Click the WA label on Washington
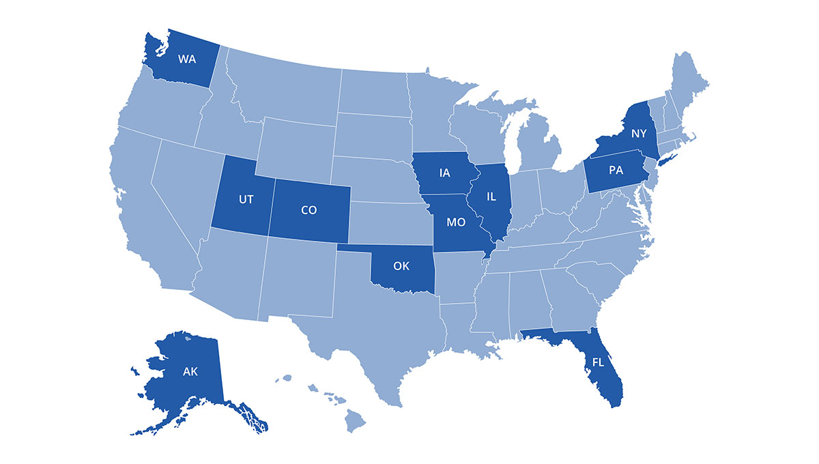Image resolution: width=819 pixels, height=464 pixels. click(x=187, y=59)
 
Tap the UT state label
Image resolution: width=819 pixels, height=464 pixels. click(x=246, y=201)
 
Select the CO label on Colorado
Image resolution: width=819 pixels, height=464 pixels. click(x=308, y=210)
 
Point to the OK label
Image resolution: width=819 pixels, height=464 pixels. click(x=401, y=266)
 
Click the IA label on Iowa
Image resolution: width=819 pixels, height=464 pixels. click(x=444, y=173)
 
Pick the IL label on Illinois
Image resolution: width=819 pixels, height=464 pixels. click(x=491, y=197)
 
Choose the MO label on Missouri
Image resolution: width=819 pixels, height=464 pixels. click(x=456, y=222)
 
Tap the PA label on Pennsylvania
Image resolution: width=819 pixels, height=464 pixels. click(x=616, y=171)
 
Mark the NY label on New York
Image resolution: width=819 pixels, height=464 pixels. click(x=639, y=133)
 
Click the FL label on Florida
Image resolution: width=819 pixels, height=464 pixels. click(x=597, y=362)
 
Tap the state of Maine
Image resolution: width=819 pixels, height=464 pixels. click(x=689, y=83)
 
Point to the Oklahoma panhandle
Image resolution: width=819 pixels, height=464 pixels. click(x=355, y=248)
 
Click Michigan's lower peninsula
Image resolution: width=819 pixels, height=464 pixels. click(x=539, y=147)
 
